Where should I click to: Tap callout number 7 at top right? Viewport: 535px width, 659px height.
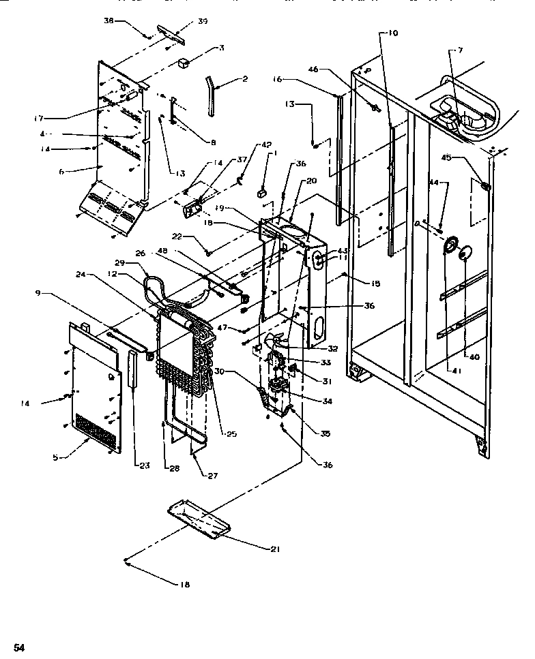click(461, 51)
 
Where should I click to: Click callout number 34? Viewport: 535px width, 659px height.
click(328, 401)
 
